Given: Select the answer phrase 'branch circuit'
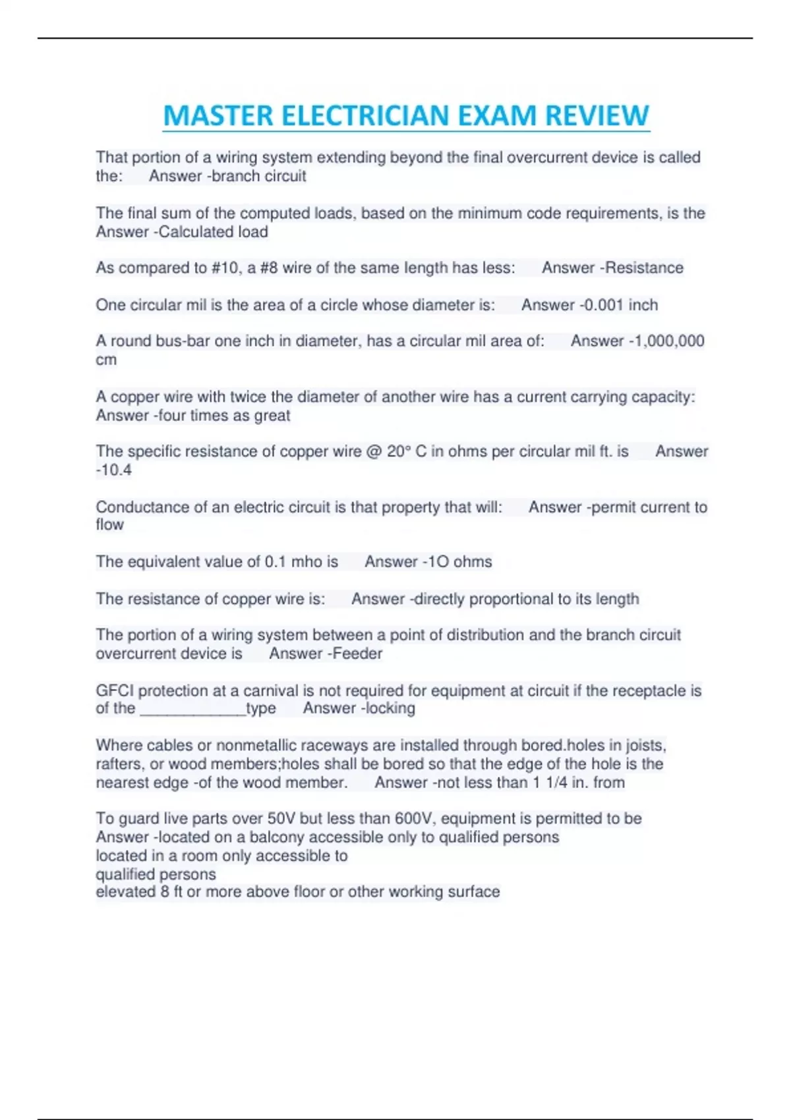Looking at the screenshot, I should point(259,176).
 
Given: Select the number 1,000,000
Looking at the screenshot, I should point(670,341).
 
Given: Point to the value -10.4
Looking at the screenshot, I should point(114,470).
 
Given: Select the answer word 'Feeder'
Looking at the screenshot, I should point(357,654).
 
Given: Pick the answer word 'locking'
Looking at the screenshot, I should point(390,708).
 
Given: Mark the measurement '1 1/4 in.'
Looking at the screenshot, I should point(560,783).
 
